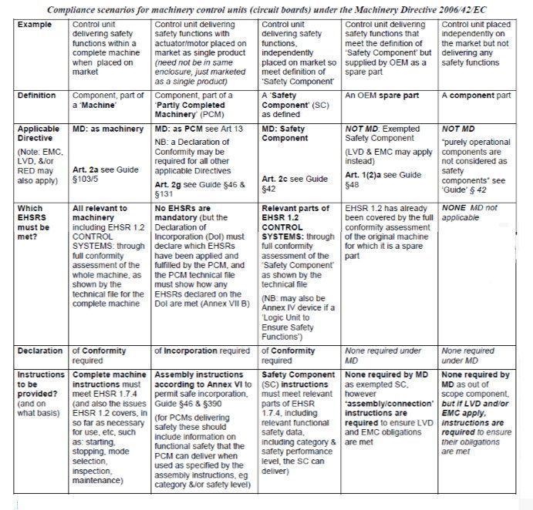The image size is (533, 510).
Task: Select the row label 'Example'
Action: (x=34, y=25)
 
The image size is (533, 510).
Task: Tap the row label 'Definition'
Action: (x=36, y=96)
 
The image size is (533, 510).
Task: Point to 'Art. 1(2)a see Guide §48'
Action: (x=383, y=180)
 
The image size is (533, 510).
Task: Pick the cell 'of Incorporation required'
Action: (x=202, y=351)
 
